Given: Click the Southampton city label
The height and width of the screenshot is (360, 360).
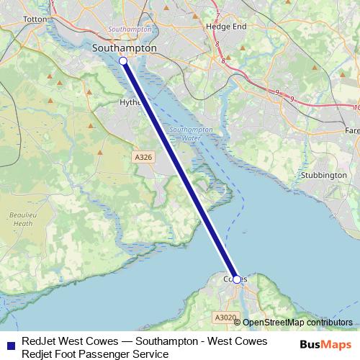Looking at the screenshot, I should (125, 48).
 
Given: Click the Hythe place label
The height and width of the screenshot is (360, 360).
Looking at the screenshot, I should (128, 104).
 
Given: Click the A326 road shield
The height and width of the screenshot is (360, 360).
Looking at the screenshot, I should (143, 156).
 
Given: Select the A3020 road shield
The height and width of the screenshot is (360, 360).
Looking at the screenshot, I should (225, 318).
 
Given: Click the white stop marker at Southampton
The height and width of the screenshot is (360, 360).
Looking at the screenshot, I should (123, 62).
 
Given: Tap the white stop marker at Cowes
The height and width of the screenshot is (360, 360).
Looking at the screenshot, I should (237, 279).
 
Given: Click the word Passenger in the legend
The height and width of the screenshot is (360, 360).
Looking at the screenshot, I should (107, 354).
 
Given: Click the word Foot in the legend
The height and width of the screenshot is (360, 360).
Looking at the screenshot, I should (69, 354).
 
